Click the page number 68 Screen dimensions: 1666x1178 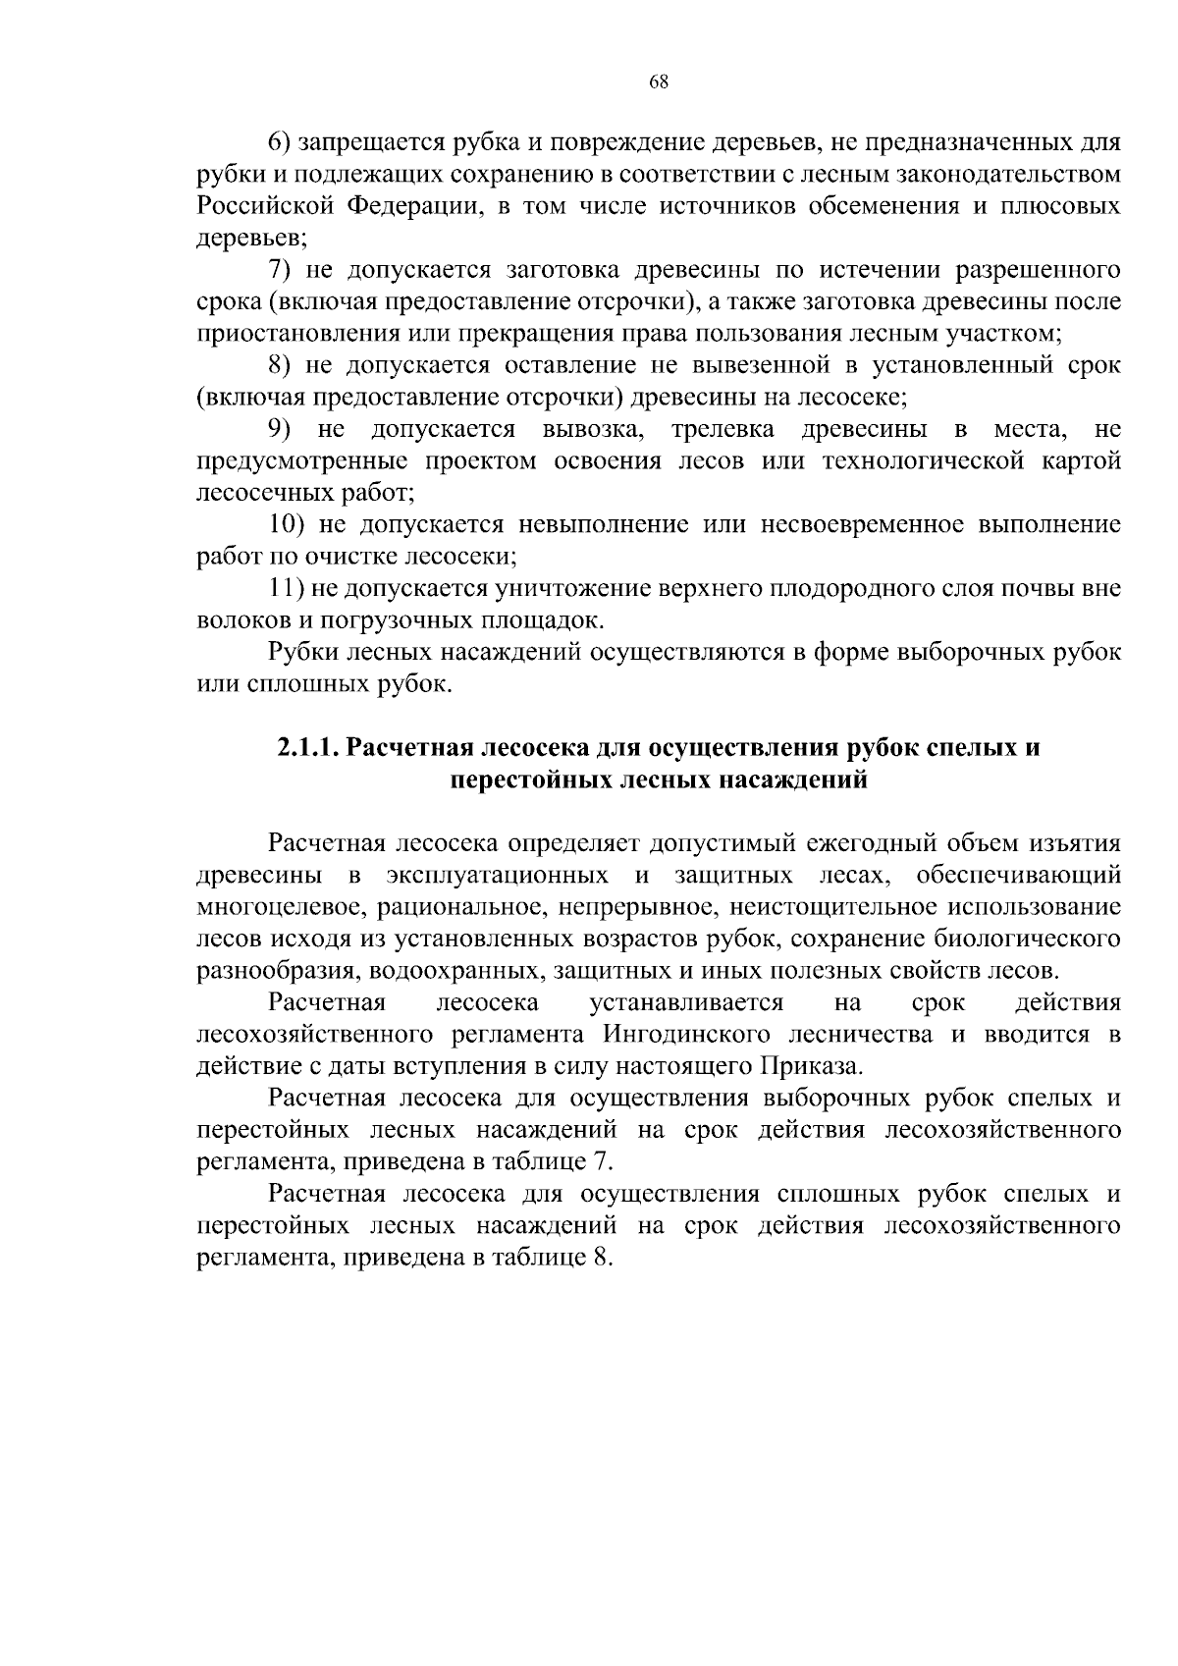click(x=659, y=82)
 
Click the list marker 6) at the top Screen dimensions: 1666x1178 click(x=279, y=143)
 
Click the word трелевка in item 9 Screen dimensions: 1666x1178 click(x=723, y=429)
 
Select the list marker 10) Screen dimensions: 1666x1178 click(x=285, y=524)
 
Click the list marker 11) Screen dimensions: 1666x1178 click(x=285, y=588)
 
